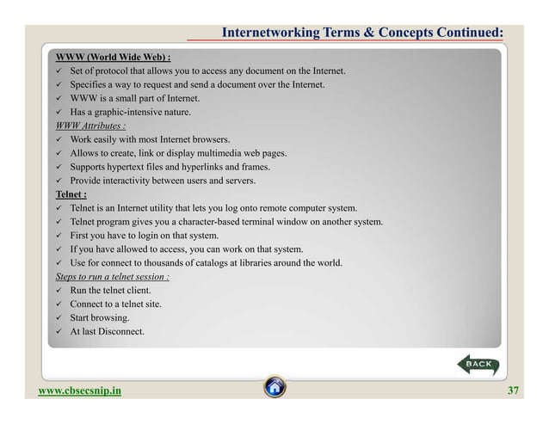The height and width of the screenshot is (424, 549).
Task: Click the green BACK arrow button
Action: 475,366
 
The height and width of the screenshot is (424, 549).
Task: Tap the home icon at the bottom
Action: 274,388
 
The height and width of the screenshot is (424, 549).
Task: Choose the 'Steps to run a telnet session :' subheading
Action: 112,277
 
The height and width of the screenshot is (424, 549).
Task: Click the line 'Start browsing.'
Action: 100,318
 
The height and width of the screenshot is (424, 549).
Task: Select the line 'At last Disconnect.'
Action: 108,332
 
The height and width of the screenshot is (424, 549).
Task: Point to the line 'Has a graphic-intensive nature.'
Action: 131,112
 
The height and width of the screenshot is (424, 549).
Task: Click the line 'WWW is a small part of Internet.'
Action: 134,98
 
